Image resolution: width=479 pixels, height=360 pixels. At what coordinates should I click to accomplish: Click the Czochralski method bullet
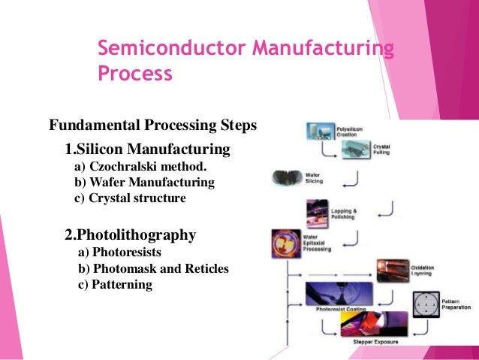pyautogui.click(x=140, y=166)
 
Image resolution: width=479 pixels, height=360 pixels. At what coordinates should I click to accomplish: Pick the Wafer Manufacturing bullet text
pyautogui.click(x=144, y=183)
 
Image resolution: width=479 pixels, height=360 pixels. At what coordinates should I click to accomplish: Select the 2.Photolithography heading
pyautogui.click(x=131, y=234)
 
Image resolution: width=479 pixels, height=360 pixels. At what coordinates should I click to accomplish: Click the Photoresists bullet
pyautogui.click(x=125, y=253)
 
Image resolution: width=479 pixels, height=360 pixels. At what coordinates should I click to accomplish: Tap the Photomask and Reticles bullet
pyautogui.click(x=153, y=268)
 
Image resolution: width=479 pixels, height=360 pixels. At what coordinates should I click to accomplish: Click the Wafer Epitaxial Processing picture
pyautogui.click(x=286, y=245)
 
